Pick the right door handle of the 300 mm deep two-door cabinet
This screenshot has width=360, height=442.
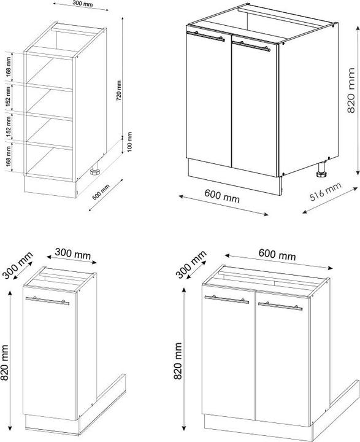(281, 305)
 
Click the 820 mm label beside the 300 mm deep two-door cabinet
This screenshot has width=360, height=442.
(179, 367)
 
